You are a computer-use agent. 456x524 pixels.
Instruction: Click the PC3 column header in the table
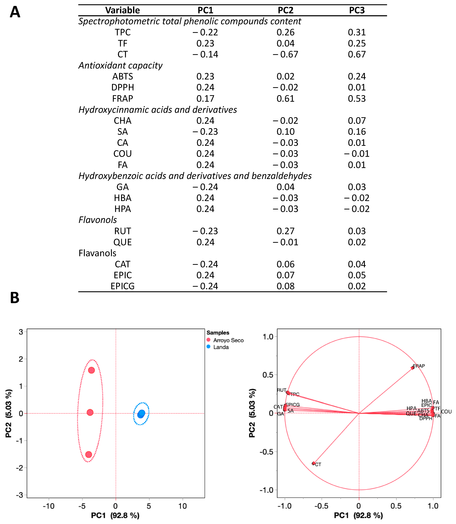pyautogui.click(x=357, y=10)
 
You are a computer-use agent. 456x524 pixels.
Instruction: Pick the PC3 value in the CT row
pyautogui.click(x=357, y=54)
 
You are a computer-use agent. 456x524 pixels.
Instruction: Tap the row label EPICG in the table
pyautogui.click(x=122, y=286)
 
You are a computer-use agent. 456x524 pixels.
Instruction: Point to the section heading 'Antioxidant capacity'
pyautogui.click(x=120, y=65)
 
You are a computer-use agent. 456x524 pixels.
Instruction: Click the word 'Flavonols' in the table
pyautogui.click(x=98, y=220)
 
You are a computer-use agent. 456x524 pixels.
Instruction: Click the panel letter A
pyautogui.click(x=15, y=12)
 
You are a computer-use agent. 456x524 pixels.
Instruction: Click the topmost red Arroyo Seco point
pyautogui.click(x=91, y=370)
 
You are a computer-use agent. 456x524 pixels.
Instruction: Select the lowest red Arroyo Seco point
pyautogui.click(x=89, y=454)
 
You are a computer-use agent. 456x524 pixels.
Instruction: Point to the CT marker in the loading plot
pyautogui.click(x=314, y=463)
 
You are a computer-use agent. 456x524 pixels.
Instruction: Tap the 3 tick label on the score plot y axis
pyautogui.click(x=21, y=332)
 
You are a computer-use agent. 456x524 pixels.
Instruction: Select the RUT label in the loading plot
pyautogui.click(x=281, y=390)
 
